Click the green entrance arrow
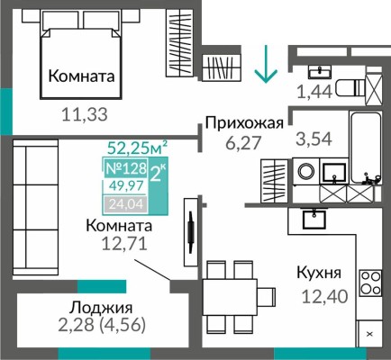tap(264, 66)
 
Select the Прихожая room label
tap(245, 123)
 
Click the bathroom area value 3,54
tap(314, 139)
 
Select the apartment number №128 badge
tap(125, 169)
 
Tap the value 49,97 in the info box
tap(125, 187)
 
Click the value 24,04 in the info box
tap(125, 203)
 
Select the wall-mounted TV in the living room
tap(190, 231)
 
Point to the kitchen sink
tap(314, 218)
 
